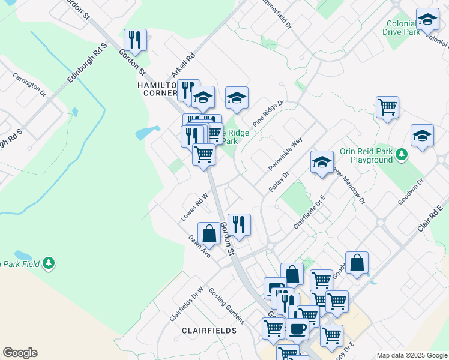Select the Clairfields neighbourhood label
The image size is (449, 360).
210,331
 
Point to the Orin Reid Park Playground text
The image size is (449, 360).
366,156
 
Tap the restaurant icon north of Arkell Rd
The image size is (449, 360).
136,40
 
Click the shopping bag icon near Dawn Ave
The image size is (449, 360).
209,233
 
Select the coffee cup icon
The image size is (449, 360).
297,328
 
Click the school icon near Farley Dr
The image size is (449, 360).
322,161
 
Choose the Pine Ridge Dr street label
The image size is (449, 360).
268,113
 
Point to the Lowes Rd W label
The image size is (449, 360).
194,206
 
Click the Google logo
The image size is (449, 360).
20,353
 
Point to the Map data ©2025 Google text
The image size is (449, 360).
411,355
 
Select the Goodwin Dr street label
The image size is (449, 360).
411,191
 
